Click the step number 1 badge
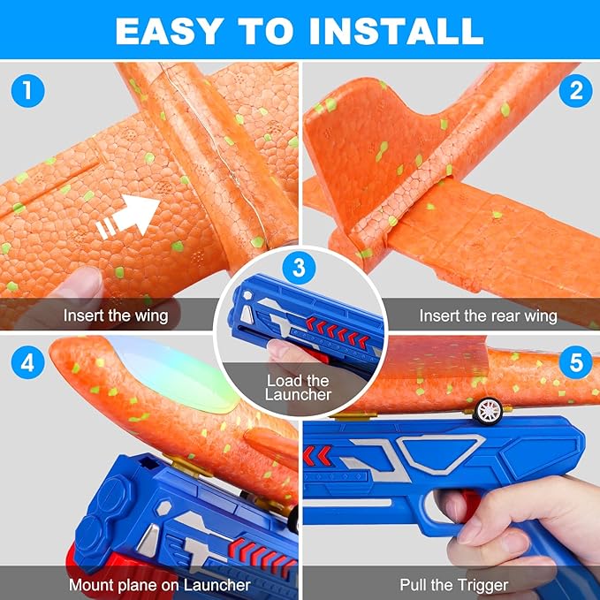(x=26, y=89)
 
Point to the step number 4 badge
(x=26, y=362)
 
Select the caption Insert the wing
(x=115, y=315)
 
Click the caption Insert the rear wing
(x=488, y=315)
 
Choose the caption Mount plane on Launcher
(x=159, y=584)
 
